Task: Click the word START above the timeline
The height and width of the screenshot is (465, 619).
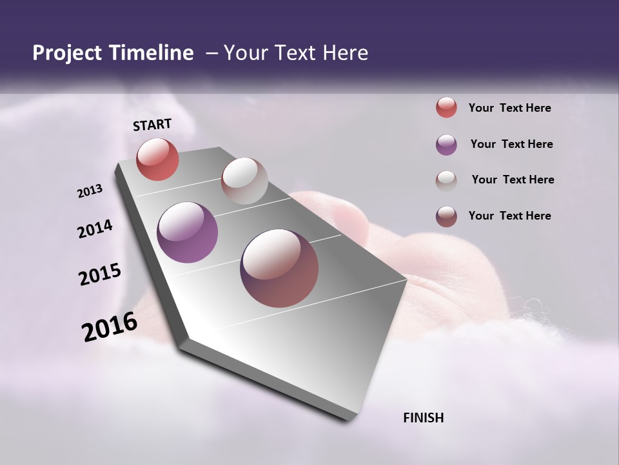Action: tap(152, 125)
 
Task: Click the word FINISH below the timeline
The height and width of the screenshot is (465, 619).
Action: tap(424, 418)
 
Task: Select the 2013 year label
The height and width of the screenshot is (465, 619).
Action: tap(90, 191)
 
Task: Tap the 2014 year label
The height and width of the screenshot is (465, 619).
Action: tap(95, 229)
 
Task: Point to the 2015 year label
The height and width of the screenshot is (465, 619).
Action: tap(100, 274)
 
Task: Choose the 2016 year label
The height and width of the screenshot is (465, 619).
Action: tap(110, 326)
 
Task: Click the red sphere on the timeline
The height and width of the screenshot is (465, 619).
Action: tap(157, 159)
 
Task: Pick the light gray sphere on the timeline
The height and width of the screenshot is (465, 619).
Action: tap(244, 181)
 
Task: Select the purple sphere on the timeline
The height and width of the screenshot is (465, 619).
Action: tap(188, 232)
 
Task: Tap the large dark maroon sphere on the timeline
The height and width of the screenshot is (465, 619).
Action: tap(279, 268)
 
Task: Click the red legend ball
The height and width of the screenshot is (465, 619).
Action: tap(446, 108)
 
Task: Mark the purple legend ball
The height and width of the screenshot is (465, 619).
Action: tap(446, 145)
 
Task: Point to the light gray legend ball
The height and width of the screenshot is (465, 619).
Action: tap(446, 180)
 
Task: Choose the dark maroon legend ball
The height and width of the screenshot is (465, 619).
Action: tap(446, 216)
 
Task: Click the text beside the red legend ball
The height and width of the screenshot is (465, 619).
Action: tap(509, 108)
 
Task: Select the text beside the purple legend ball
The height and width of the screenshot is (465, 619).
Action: tap(511, 144)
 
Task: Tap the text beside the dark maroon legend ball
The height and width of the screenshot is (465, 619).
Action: tap(509, 216)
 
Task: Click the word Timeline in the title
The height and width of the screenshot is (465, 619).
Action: tap(152, 53)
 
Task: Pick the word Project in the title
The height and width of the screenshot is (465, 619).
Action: tap(66, 53)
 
